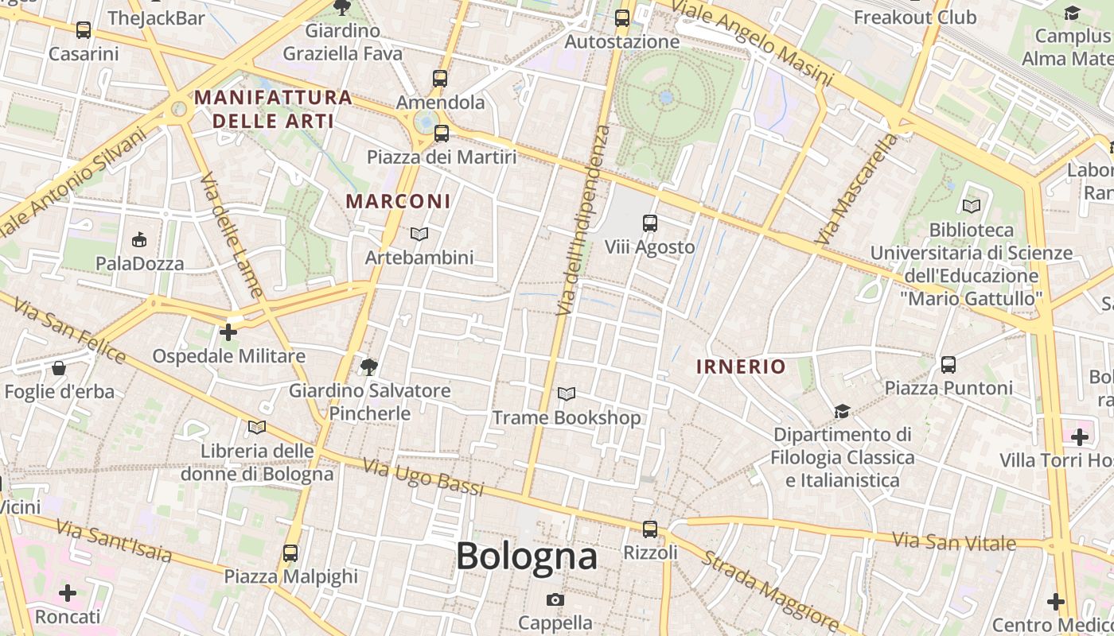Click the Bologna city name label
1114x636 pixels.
[x=526, y=556]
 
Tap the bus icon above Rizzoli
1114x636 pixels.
[x=650, y=529]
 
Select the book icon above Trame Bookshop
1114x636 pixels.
[x=567, y=394]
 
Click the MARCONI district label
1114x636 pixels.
[x=399, y=201]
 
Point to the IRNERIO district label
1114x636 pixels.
[x=741, y=366]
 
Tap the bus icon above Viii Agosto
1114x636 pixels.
[x=650, y=223]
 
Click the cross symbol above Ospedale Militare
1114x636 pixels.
[x=228, y=332]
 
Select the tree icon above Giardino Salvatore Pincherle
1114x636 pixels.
[x=368, y=366]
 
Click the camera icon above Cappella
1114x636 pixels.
[x=555, y=599]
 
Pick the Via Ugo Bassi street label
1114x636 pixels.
[x=423, y=477]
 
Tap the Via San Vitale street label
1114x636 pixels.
[x=953, y=542]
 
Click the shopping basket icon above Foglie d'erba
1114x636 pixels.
[x=59, y=368]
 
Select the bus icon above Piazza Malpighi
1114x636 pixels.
[x=290, y=553]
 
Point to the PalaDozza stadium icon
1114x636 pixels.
[x=139, y=239]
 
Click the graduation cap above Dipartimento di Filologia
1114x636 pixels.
[x=842, y=411]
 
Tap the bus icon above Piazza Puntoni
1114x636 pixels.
[x=948, y=365]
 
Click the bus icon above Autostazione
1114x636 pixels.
[x=622, y=17]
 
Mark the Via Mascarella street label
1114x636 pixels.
[x=856, y=189]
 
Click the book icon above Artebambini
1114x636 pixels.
[x=419, y=234]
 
